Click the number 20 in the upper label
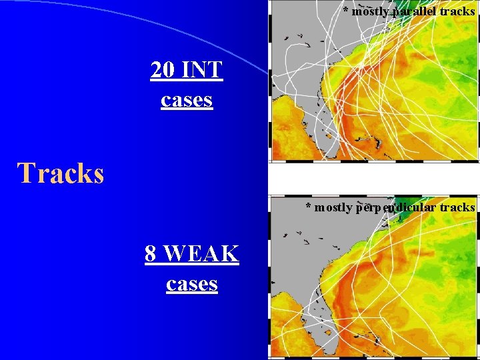(x=163, y=70)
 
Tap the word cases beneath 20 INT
(x=187, y=100)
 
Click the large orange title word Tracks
(x=61, y=173)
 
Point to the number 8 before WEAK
(x=151, y=254)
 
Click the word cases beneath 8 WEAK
(x=192, y=284)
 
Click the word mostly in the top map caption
(x=371, y=11)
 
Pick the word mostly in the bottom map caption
(x=333, y=207)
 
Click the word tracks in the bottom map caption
(x=457, y=207)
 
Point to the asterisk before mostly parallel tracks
(x=345, y=11)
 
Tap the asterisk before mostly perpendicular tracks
(x=308, y=207)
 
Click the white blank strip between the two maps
(x=373, y=178)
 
